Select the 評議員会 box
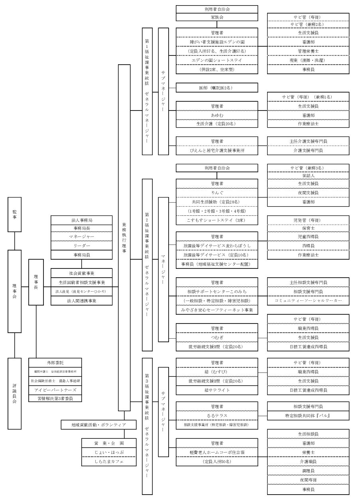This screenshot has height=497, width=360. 15,393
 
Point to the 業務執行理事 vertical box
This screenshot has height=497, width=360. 124,238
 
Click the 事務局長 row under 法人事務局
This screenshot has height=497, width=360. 81,229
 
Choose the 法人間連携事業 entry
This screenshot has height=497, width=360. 81,301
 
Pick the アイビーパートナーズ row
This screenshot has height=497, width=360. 55,389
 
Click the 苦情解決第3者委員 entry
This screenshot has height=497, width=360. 55,398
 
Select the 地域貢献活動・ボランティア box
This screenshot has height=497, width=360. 92,424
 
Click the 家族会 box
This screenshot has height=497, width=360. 217,18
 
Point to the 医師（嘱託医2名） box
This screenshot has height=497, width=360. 217,88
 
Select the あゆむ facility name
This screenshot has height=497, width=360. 217,115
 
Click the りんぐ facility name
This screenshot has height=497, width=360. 217,192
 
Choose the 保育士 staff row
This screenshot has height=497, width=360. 308,228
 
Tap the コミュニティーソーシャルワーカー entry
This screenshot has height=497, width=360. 308,301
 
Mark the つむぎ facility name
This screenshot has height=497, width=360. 217,337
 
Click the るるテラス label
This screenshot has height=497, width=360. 217,416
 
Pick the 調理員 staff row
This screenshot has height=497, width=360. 308,471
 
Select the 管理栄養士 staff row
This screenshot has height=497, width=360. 308,51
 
